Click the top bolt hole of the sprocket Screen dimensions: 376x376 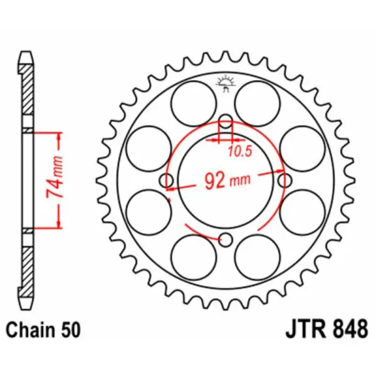pos(226,121)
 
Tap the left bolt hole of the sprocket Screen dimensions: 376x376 pos(167,180)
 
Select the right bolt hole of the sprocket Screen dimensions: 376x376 pos(285,180)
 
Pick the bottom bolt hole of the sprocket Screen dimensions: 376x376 pos(226,239)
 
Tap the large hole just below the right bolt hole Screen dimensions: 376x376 pos(303,213)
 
